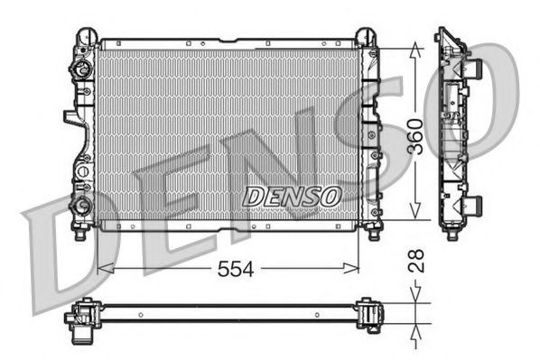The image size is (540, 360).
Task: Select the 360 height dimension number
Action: tap(414, 135)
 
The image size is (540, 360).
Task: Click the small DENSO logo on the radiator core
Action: tap(292, 194)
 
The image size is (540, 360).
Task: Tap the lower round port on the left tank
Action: tap(84, 204)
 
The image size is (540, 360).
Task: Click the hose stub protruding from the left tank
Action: tap(70, 117)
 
